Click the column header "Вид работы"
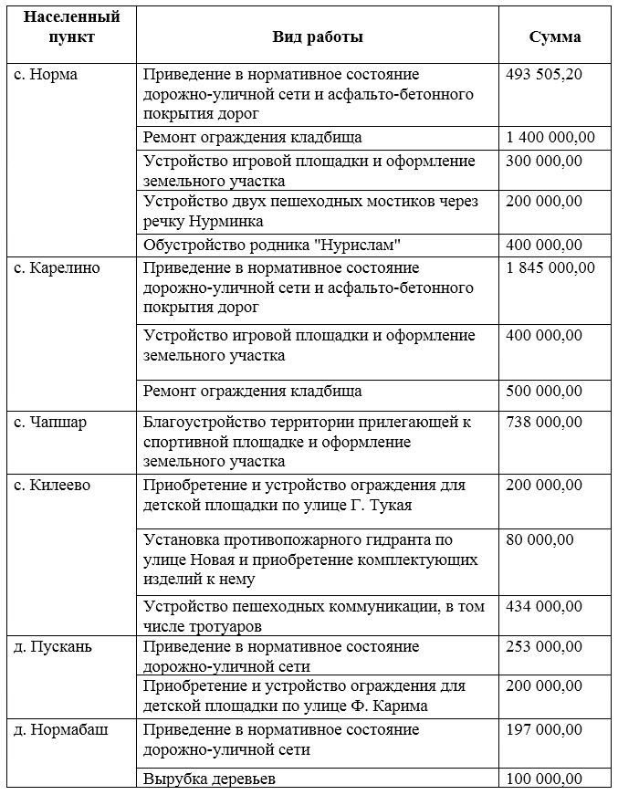pyautogui.click(x=318, y=37)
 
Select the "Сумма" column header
pyautogui.click(x=555, y=37)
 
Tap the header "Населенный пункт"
pyautogui.click(x=71, y=27)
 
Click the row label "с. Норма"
pyautogui.click(x=47, y=75)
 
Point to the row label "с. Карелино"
pyautogui.click(x=58, y=268)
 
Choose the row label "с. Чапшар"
pyautogui.click(x=50, y=423)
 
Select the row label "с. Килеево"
pyautogui.click(x=53, y=486)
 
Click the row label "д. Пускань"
pyautogui.click(x=53, y=647)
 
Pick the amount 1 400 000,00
pyautogui.click(x=550, y=138)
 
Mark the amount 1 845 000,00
pyautogui.click(x=550, y=268)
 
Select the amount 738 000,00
pyautogui.click(x=544, y=423)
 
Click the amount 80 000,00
pyautogui.click(x=540, y=540)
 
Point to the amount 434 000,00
pyautogui.click(x=544, y=606)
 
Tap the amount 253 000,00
pyautogui.click(x=544, y=647)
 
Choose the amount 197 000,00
pyautogui.click(x=544, y=730)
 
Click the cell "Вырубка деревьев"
pyautogui.click(x=209, y=779)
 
